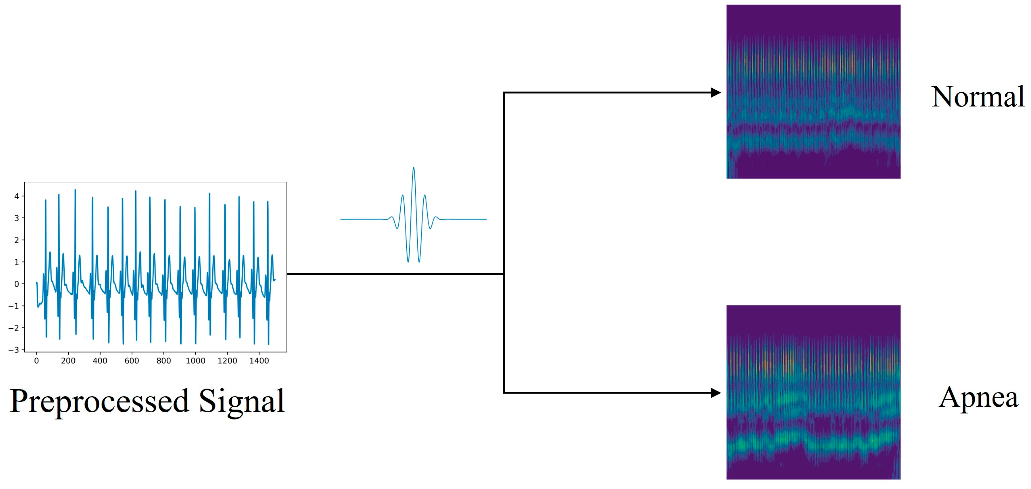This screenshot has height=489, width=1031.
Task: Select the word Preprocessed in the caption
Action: [99, 401]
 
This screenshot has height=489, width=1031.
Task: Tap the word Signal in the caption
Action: [241, 401]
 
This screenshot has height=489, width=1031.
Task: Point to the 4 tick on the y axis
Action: [17, 196]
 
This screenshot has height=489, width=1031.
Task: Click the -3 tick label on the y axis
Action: [14, 350]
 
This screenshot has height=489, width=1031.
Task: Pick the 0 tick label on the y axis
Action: [17, 284]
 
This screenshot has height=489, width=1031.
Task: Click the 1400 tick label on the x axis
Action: [259, 361]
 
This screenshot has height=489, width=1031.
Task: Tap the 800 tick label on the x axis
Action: [164, 361]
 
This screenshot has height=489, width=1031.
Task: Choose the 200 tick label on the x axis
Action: [68, 361]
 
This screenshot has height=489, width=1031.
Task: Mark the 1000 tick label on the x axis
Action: [195, 361]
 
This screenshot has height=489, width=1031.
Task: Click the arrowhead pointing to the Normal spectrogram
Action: [716, 93]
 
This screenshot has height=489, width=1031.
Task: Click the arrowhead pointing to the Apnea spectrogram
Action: [716, 393]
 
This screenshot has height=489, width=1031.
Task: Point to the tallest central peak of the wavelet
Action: [413, 169]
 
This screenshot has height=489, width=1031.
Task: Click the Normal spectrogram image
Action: [813, 92]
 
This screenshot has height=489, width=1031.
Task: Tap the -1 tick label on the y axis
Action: [14, 306]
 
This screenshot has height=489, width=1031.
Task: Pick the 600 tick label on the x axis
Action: [132, 361]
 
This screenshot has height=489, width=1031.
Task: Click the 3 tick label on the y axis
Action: [17, 218]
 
